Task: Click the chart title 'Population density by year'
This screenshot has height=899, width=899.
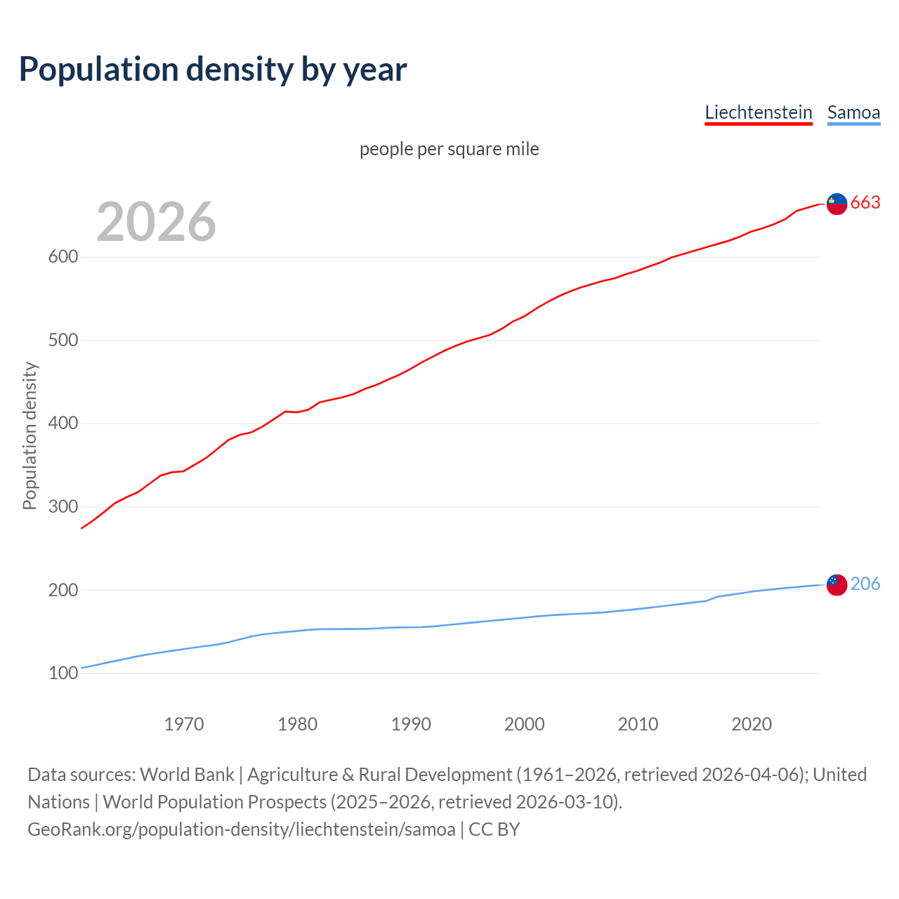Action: pyautogui.click(x=213, y=70)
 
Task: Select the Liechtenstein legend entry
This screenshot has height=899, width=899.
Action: pyautogui.click(x=759, y=112)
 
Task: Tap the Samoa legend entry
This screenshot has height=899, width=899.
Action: pyautogui.click(x=853, y=112)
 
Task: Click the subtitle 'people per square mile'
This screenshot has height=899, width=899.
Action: pyautogui.click(x=449, y=149)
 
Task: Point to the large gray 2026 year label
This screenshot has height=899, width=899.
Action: pyautogui.click(x=156, y=222)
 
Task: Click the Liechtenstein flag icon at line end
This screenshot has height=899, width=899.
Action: pyautogui.click(x=836, y=204)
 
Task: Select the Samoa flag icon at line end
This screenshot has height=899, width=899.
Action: pyautogui.click(x=836, y=584)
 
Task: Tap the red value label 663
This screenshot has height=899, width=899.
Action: pyautogui.click(x=865, y=203)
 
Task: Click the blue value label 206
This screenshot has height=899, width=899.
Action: pyautogui.click(x=865, y=584)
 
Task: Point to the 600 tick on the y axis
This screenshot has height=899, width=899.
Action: pyautogui.click(x=63, y=257)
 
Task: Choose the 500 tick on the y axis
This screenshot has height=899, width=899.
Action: pyautogui.click(x=63, y=341)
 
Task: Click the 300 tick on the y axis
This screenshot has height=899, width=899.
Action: pyautogui.click(x=63, y=507)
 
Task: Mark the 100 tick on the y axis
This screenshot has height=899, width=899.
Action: pyautogui.click(x=63, y=674)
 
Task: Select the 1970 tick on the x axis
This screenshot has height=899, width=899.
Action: pyautogui.click(x=184, y=724)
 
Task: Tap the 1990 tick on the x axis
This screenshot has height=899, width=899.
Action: pyautogui.click(x=411, y=724)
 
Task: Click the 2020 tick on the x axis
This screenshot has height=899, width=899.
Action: pyautogui.click(x=752, y=724)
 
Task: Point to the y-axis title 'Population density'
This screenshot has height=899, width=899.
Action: pyautogui.click(x=29, y=435)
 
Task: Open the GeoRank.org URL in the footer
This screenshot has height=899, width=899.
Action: pyautogui.click(x=242, y=829)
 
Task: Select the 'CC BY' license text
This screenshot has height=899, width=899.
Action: pyautogui.click(x=494, y=829)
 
